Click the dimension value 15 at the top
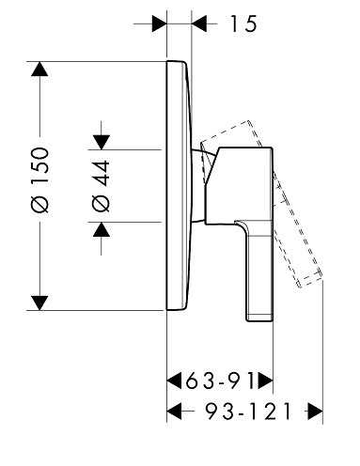tap(243, 23)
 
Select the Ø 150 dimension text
tap(40, 180)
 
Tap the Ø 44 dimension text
tap(101, 186)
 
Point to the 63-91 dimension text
tap(220, 381)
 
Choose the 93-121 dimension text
tap(248, 412)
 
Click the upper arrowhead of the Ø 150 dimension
tap(39, 69)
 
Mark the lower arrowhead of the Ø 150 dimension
tap(39, 303)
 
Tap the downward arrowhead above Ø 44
tap(102, 142)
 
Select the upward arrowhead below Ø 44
tap(102, 229)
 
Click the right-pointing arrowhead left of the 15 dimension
tap(159, 23)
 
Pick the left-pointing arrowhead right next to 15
tap(199, 23)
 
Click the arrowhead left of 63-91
tap(174, 381)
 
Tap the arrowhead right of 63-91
tap(266, 381)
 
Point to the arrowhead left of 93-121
tap(174, 412)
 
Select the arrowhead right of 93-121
tap(315, 412)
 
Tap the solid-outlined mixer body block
tap(239, 185)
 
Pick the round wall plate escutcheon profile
tap(179, 185)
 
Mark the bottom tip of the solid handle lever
tap(259, 320)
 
